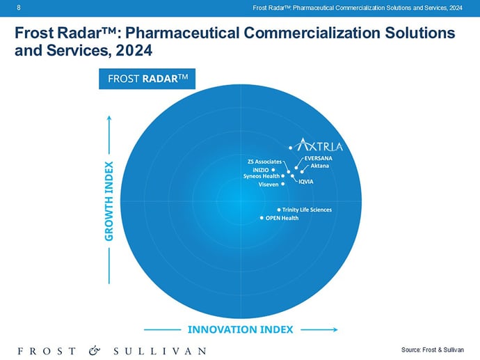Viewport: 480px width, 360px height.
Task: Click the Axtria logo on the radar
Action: pos(320,146)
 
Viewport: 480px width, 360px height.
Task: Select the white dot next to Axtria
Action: pos(291,148)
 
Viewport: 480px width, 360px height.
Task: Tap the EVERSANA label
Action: pos(319,159)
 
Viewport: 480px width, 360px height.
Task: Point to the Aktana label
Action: pos(320,166)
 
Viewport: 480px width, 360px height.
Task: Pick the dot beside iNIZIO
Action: pos(273,169)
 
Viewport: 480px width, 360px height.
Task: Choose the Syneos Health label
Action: pos(262,176)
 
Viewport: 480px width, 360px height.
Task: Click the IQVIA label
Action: pos(306,182)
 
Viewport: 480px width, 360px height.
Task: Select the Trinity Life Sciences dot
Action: pos(279,210)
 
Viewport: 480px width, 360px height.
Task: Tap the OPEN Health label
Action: pos(282,218)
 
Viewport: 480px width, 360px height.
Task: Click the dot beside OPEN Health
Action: pos(262,218)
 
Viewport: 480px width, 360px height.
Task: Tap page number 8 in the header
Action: pos(17,7)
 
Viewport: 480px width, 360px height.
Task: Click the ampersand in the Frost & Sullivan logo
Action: pos(95,350)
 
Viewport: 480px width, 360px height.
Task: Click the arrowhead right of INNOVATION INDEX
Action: pos(335,329)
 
